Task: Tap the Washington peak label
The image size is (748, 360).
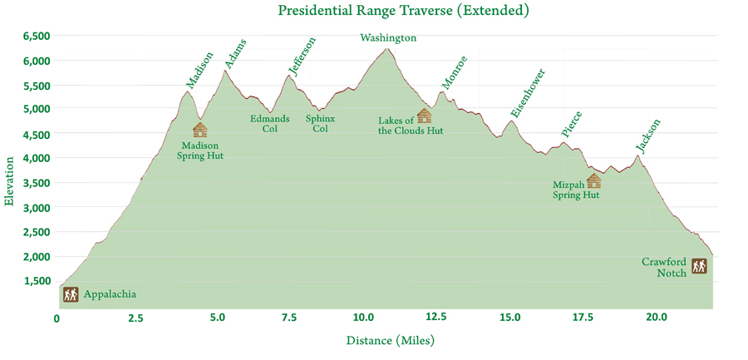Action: pyautogui.click(x=388, y=37)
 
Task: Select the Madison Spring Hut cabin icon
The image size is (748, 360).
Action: pyautogui.click(x=199, y=130)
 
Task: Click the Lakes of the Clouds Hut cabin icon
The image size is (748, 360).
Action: pyautogui.click(x=424, y=116)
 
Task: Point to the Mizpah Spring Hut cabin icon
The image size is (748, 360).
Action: pyautogui.click(x=593, y=181)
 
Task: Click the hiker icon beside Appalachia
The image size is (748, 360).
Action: pyautogui.click(x=70, y=294)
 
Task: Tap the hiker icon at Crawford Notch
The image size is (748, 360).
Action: pyautogui.click(x=700, y=266)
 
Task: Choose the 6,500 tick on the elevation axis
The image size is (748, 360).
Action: pyautogui.click(x=37, y=37)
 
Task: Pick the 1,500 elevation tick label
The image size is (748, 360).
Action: pyautogui.click(x=37, y=281)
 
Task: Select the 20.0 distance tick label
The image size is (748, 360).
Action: pyautogui.click(x=657, y=318)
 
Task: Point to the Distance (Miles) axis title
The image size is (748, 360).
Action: pyautogui.click(x=391, y=340)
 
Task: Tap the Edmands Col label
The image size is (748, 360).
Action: pyautogui.click(x=270, y=124)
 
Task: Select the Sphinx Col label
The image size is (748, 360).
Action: pyautogui.click(x=321, y=124)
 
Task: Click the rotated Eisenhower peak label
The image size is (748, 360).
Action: pyautogui.click(x=528, y=93)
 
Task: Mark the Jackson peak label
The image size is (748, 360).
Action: pyautogui.click(x=648, y=136)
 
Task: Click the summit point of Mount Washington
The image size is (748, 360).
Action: pyautogui.click(x=386, y=48)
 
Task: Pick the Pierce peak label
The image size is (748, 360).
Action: pyautogui.click(x=572, y=125)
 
